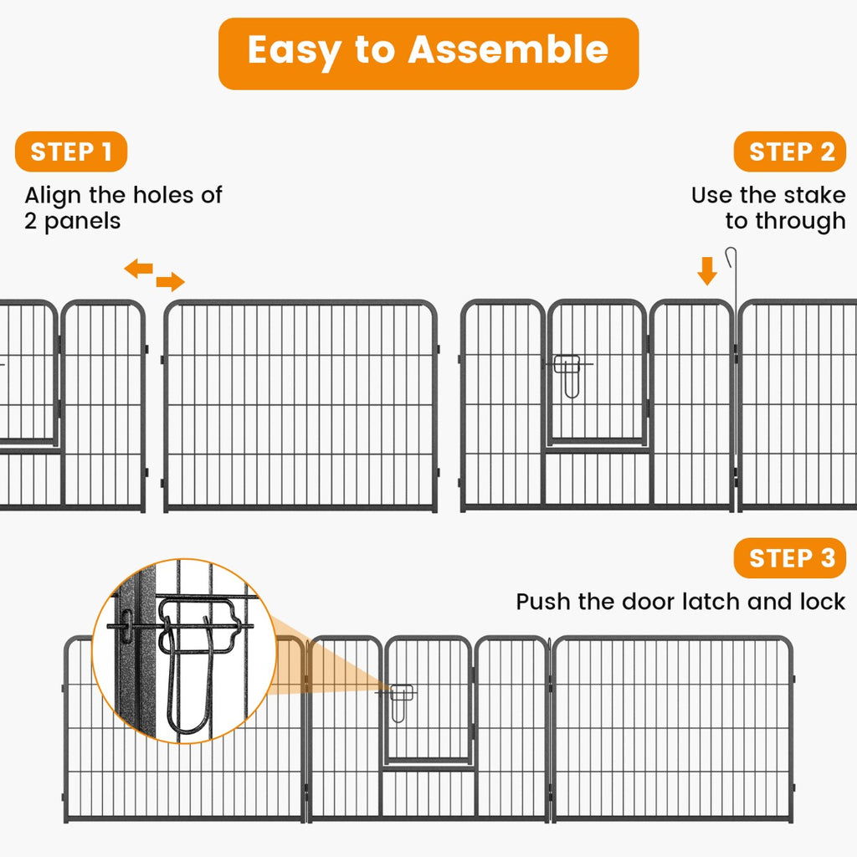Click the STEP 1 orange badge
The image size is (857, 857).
click(x=70, y=152)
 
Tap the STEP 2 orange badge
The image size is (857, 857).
click(x=790, y=152)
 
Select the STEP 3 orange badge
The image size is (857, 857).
click(x=790, y=558)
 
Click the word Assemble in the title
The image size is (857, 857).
click(x=508, y=50)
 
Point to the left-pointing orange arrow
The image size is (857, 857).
click(x=139, y=269)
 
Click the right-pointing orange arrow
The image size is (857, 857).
click(x=170, y=281)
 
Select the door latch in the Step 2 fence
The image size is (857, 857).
click(x=569, y=372)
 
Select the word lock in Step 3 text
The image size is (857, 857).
click(x=823, y=602)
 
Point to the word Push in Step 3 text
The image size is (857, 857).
click(x=541, y=602)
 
